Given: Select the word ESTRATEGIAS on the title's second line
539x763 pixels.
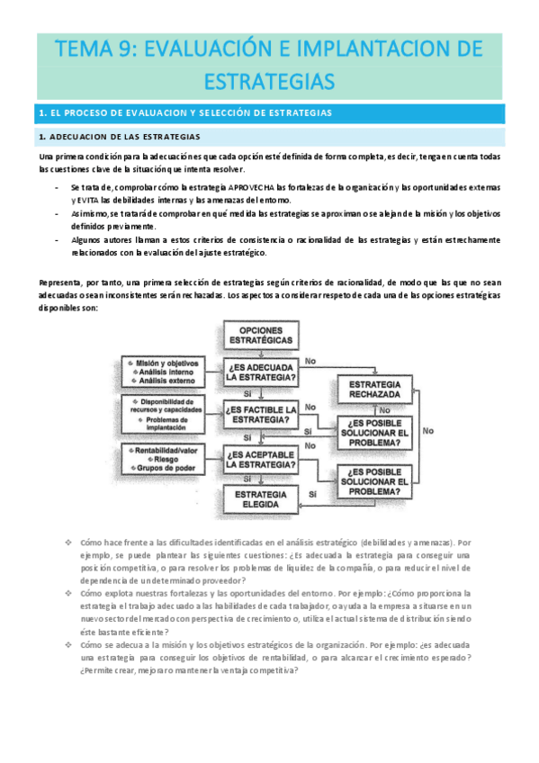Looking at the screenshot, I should pos(270,82).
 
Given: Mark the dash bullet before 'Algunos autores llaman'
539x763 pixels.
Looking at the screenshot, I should pos(57,240).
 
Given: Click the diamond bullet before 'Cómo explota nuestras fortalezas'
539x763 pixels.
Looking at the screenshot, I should pos(68,594).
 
